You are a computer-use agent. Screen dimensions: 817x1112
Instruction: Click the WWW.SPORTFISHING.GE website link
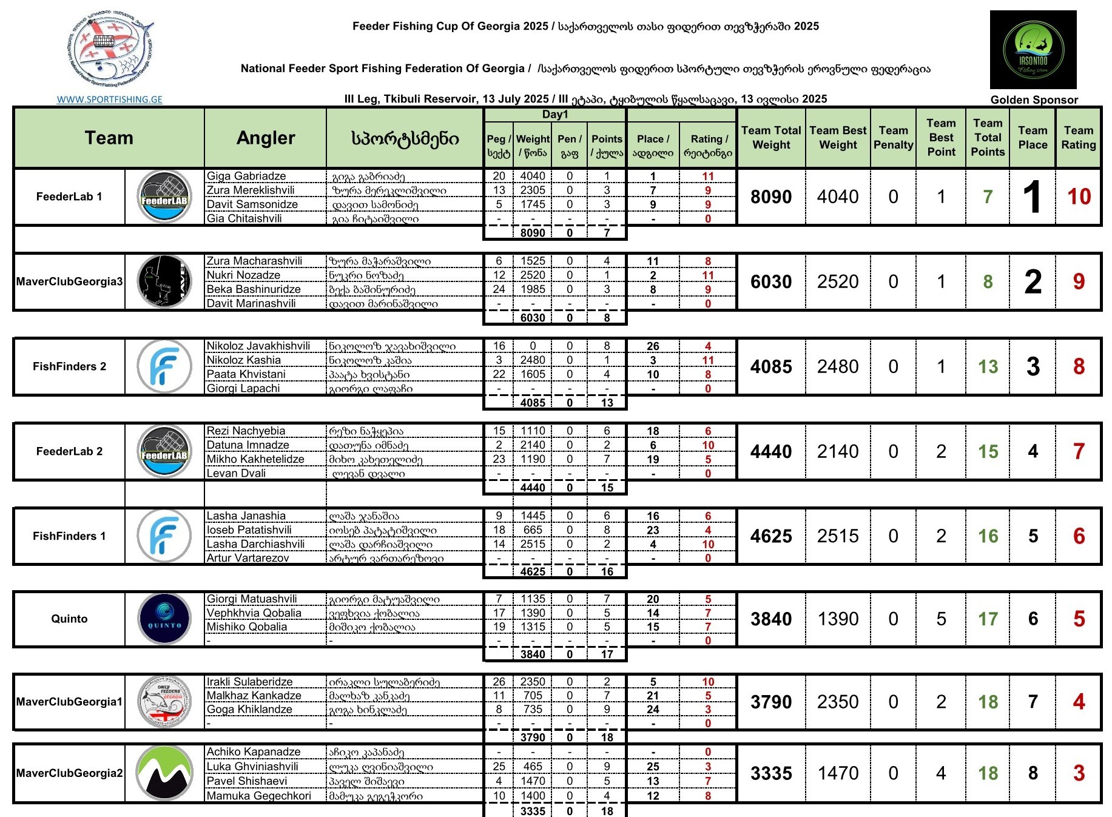(109, 99)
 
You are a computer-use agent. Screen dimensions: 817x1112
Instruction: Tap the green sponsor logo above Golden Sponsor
(1033, 50)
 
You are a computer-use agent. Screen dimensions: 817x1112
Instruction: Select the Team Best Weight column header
(838, 138)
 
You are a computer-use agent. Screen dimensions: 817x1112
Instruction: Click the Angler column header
(266, 138)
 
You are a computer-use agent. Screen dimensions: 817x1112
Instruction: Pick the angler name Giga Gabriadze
(246, 176)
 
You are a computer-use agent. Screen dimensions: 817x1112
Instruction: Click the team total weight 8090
(771, 197)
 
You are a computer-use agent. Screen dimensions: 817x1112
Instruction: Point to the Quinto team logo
(164, 619)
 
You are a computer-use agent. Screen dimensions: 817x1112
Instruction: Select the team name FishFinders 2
(69, 366)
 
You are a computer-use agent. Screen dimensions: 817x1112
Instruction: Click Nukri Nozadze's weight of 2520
(533, 275)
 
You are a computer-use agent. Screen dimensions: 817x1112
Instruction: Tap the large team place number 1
(1032, 197)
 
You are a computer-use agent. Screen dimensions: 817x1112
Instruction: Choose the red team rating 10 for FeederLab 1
(1079, 197)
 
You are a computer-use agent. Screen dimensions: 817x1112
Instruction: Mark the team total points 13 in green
(988, 366)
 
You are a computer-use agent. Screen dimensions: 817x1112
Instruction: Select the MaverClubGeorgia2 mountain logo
(164, 773)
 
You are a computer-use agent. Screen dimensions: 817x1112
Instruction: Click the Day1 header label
(555, 115)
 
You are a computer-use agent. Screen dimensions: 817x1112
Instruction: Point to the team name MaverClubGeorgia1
(69, 702)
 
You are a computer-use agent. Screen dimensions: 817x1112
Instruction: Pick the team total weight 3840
(771, 619)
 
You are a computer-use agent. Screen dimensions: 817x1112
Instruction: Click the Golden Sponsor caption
(1034, 100)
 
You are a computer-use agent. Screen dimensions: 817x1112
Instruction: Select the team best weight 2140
(838, 451)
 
